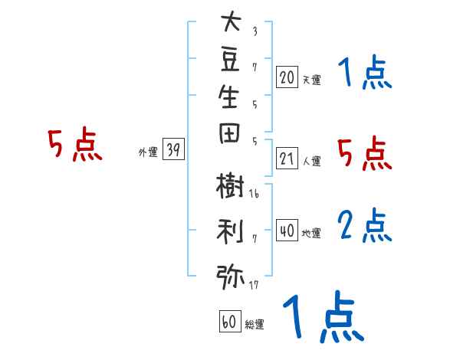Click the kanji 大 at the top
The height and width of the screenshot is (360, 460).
tap(232, 21)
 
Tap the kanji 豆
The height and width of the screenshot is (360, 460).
tap(230, 60)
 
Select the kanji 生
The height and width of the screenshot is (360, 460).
tap(228, 97)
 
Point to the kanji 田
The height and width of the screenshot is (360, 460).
tap(229, 133)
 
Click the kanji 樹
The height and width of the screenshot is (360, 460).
tap(230, 185)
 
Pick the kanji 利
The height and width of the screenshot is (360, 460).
tap(230, 231)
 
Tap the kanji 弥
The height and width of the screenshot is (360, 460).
tap(230, 277)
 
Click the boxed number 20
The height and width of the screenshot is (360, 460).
tap(287, 77)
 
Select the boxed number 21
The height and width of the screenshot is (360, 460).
tap(287, 159)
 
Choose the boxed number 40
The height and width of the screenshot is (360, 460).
tap(287, 231)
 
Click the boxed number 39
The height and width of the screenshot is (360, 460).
tap(173, 149)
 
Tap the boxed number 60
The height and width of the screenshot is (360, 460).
tap(230, 321)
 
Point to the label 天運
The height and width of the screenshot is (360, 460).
tap(312, 80)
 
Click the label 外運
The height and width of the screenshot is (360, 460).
tap(148, 152)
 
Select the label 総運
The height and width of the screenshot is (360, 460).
tap(255, 324)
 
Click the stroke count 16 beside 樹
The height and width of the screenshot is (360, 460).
tap(254, 194)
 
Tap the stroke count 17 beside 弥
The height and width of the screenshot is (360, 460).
tap(254, 285)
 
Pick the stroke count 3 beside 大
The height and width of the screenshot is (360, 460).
tap(255, 31)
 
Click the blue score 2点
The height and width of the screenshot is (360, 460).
tap(365, 225)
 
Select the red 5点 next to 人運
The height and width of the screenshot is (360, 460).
tap(365, 153)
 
